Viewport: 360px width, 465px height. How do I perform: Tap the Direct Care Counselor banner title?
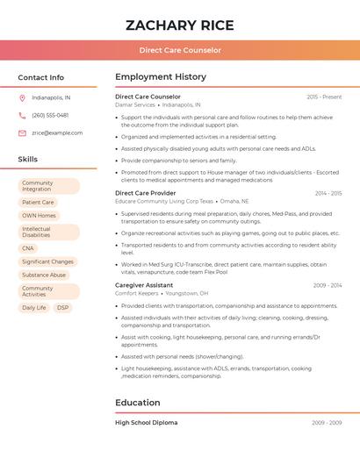coord(180,50)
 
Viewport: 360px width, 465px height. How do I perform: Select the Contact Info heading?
coord(40,77)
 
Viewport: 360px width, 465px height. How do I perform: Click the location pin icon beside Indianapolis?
coord(22,97)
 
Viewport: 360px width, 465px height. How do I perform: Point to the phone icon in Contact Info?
coord(22,115)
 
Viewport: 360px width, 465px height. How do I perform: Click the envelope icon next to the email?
coord(22,132)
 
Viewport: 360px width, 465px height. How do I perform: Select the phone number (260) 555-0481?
coord(50,115)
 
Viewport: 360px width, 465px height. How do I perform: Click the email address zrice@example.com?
coord(57,132)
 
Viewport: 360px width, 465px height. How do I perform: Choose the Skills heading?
coord(28,159)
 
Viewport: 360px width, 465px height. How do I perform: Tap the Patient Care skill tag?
coord(38,202)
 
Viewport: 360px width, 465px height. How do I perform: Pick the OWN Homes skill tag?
coord(39,215)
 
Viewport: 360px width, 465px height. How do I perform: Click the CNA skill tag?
coord(28,248)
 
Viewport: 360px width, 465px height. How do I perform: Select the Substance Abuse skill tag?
coord(44,275)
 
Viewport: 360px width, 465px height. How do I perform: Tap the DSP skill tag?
coord(62,308)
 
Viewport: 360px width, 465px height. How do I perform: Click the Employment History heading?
coord(161,77)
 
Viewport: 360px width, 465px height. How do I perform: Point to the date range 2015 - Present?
coord(324,97)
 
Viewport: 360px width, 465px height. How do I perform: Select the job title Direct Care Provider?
coord(145,193)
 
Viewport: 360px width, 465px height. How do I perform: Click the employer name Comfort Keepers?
coord(135,293)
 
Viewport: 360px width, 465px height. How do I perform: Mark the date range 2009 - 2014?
coord(328,285)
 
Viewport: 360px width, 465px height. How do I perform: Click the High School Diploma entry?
coord(146,423)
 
